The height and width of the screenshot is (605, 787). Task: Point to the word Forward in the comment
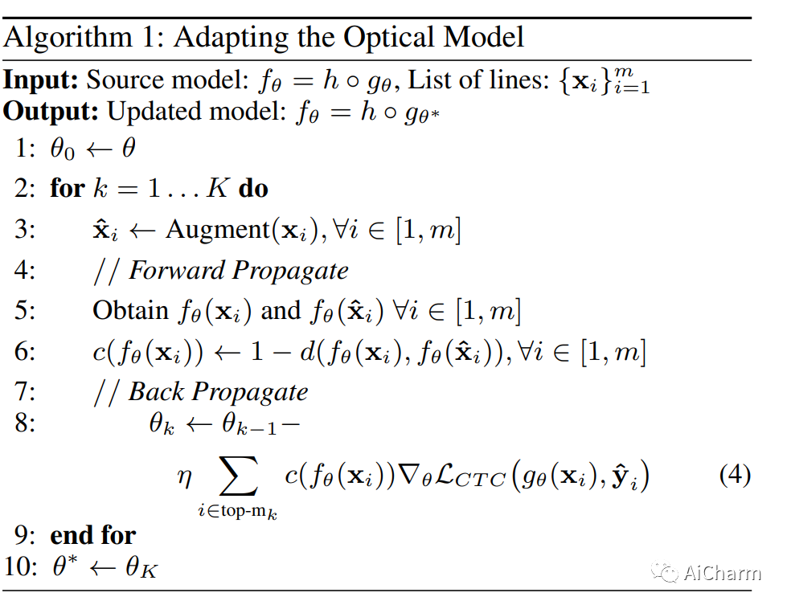click(178, 270)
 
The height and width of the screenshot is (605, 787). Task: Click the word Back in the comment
click(158, 391)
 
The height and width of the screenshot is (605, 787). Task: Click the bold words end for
click(93, 535)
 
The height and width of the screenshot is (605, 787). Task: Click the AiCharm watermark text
click(721, 573)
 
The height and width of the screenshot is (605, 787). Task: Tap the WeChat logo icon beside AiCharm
click(665, 572)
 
